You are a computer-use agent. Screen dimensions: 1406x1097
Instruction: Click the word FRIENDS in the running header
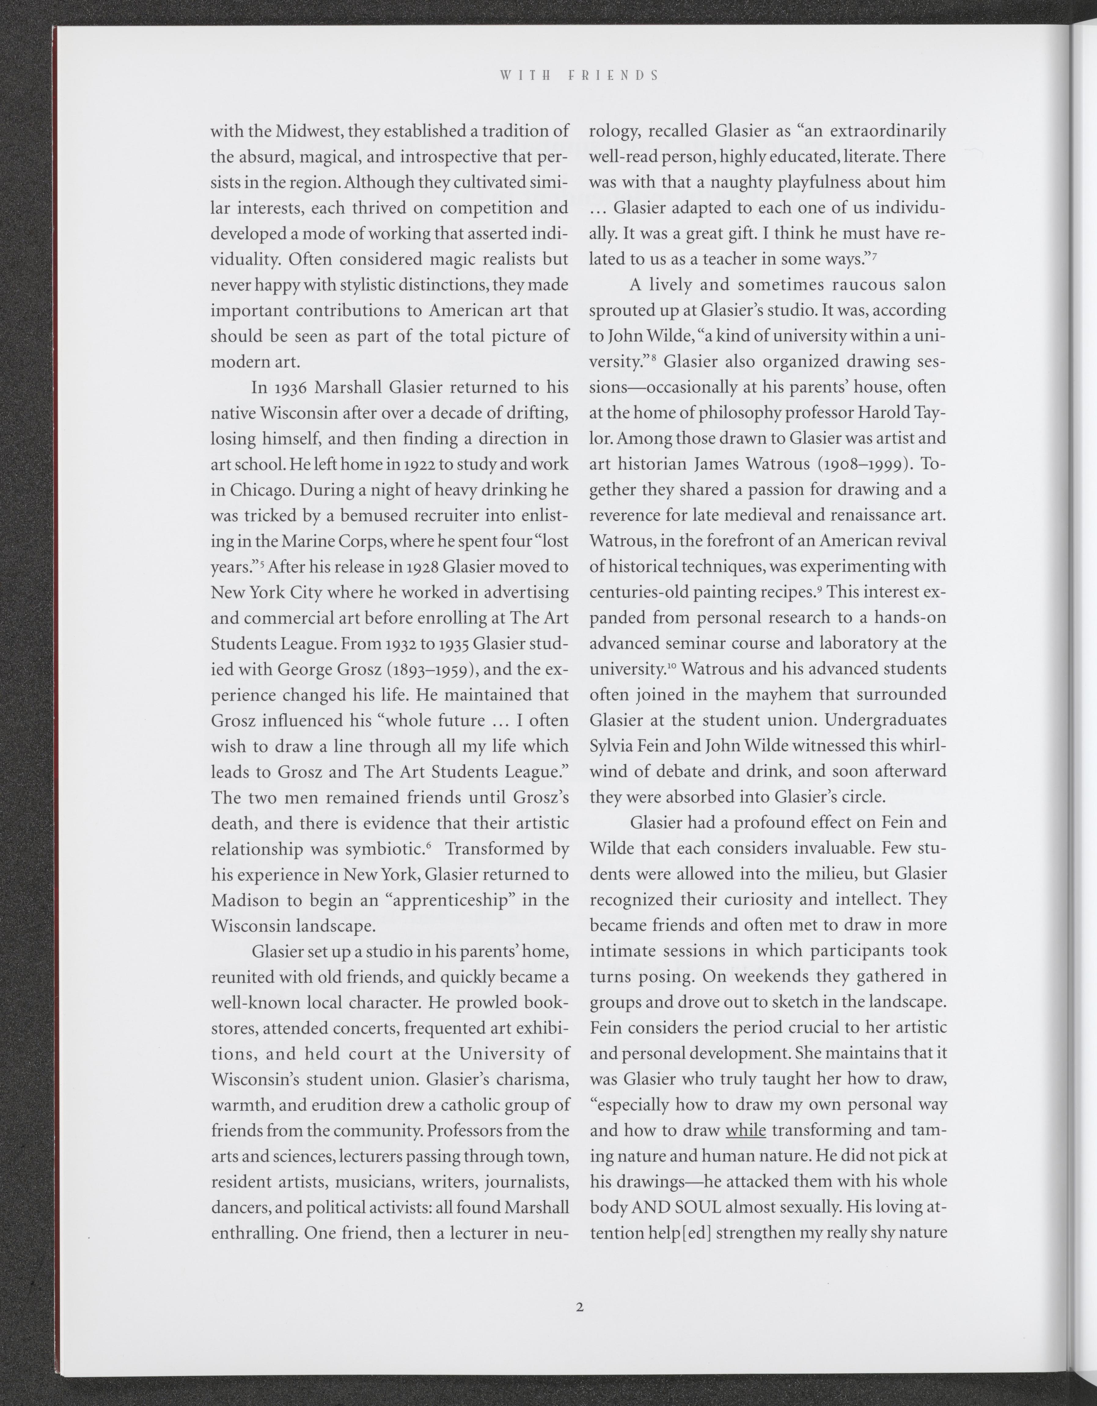614,75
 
